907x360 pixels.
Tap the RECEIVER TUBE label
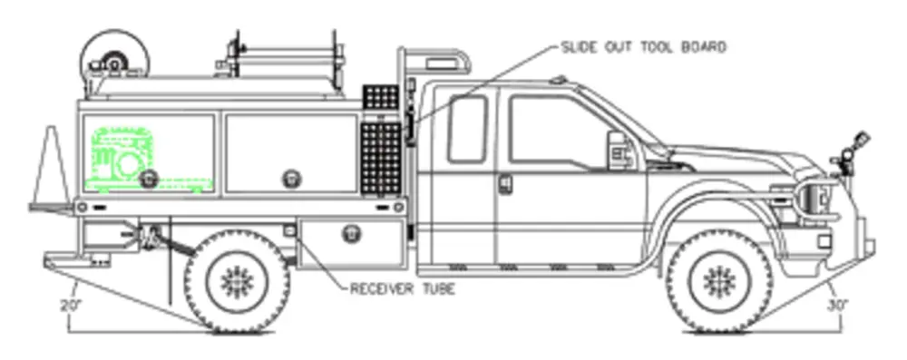tap(402, 289)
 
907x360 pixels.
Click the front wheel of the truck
tap(718, 280)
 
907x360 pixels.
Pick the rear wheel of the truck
tap(237, 280)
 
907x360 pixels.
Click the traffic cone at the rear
tap(52, 168)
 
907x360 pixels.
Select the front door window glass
tap(553, 131)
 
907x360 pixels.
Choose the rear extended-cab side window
tap(467, 128)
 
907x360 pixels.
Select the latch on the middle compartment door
tap(291, 176)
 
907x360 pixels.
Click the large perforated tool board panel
tap(380, 158)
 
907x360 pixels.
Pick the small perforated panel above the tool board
tap(380, 97)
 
